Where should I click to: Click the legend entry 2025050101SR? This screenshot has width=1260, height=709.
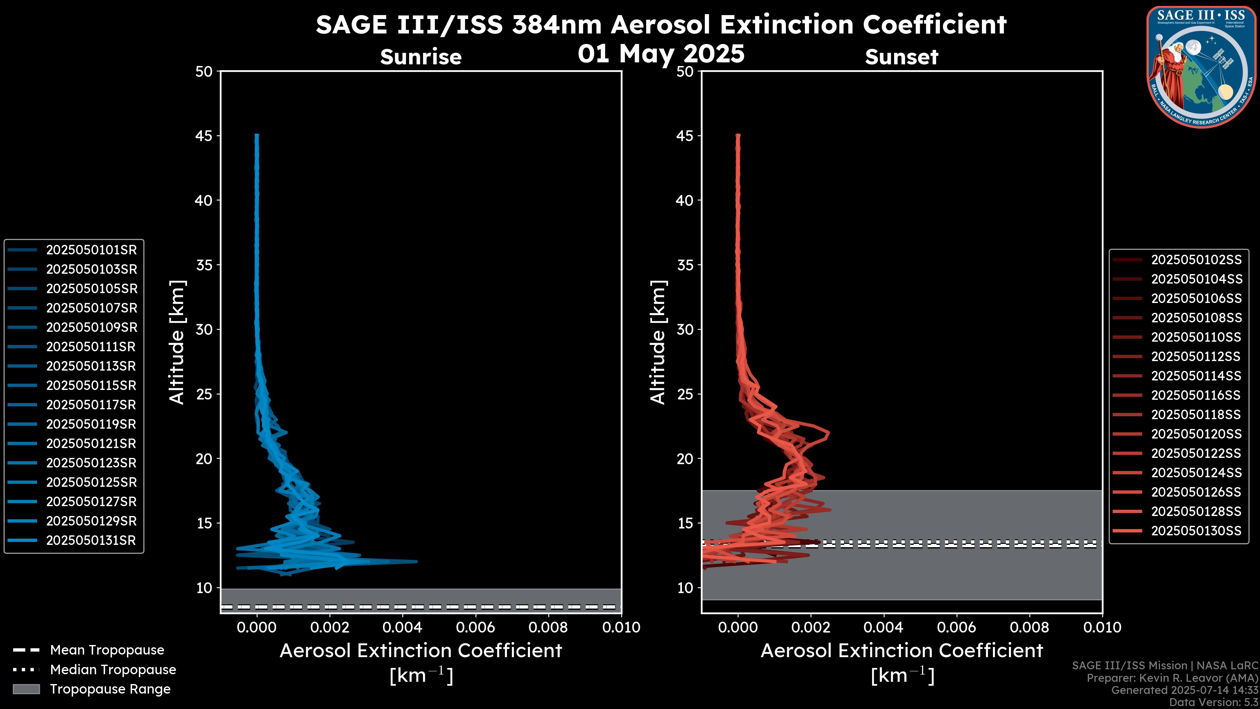pyautogui.click(x=91, y=250)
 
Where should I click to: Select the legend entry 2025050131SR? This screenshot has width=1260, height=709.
pyautogui.click(x=91, y=541)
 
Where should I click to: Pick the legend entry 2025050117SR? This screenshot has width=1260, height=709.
pyautogui.click(x=91, y=405)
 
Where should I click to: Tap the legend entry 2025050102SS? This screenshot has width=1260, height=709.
pyautogui.click(x=1196, y=260)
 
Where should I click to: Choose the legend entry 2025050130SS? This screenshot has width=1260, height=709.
pyautogui.click(x=1196, y=531)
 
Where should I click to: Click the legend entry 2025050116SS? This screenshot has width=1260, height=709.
pyautogui.click(x=1196, y=395)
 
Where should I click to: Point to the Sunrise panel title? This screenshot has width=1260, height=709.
pyautogui.click(x=421, y=57)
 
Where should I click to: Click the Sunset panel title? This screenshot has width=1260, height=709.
pyautogui.click(x=901, y=57)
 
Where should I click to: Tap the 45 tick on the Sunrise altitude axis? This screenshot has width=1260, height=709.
pyautogui.click(x=204, y=136)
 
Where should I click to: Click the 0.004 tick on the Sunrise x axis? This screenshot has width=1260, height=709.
pyautogui.click(x=402, y=627)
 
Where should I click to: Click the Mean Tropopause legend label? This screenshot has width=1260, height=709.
pyautogui.click(x=107, y=650)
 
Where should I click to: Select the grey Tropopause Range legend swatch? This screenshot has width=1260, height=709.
pyautogui.click(x=26, y=689)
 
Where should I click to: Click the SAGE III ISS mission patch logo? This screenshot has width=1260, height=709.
pyautogui.click(x=1201, y=67)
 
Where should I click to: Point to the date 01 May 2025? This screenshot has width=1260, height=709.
pyautogui.click(x=661, y=54)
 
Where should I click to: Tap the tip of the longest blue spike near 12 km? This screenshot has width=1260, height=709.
pyautogui.click(x=417, y=561)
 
